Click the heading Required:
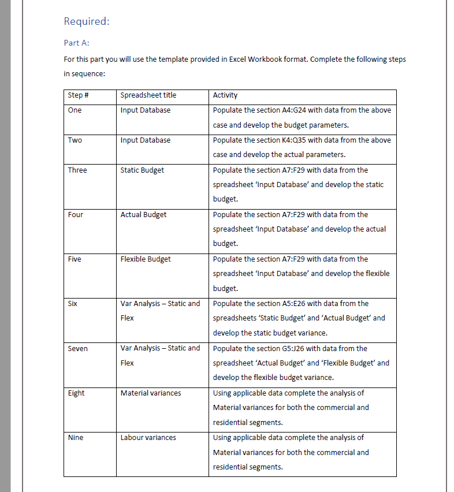point(86,21)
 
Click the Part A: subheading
point(76,43)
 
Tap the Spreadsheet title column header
point(148,95)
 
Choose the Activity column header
point(225,95)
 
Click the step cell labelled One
point(75,110)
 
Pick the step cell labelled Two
point(75,140)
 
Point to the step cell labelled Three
point(77,170)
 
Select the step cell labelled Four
point(76,215)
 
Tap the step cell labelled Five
point(75,259)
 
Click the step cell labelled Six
point(73,304)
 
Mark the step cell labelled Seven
point(78,348)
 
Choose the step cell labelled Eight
point(76,393)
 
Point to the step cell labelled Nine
point(76,438)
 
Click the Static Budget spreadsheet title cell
point(142,170)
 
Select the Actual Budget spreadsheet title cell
point(143,215)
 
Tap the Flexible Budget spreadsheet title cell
point(146,259)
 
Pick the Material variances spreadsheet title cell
point(151,393)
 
